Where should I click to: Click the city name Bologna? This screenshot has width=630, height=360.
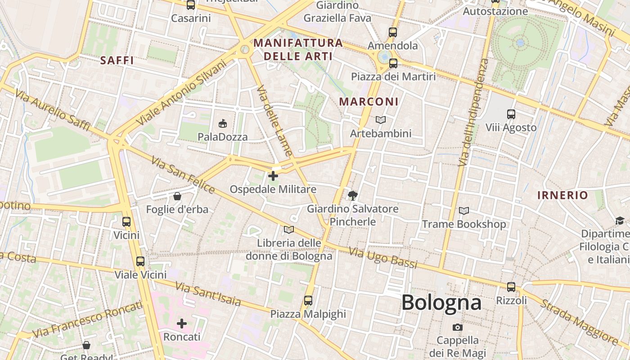coord(441,302)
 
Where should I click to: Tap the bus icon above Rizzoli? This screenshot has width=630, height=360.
coord(511,287)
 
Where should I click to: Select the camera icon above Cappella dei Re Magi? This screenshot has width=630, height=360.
coord(458,327)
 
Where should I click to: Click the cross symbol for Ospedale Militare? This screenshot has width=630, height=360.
coord(273,176)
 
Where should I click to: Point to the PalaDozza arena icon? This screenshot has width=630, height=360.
coord(222,123)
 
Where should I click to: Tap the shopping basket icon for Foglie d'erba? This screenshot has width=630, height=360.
coord(177,196)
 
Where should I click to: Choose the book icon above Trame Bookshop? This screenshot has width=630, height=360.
coord(463,211)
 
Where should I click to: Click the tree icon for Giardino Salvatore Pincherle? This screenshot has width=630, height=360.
coord(353,195)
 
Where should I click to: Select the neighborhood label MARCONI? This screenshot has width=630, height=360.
coord(369,102)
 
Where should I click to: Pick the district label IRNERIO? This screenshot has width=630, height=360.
coord(562,195)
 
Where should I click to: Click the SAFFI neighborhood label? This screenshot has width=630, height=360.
coord(117,60)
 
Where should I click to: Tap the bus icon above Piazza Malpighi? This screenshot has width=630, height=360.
coord(308,300)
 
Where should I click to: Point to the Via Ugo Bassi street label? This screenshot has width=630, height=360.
coord(383,258)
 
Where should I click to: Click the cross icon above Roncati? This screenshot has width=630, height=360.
coord(182,324)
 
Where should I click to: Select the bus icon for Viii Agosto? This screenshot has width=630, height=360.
coord(511,114)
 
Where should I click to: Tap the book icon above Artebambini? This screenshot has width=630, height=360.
coord(381,120)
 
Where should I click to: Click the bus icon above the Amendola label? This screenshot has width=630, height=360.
coord(393,32)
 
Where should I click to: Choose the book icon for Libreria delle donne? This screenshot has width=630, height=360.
coord(288,230)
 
